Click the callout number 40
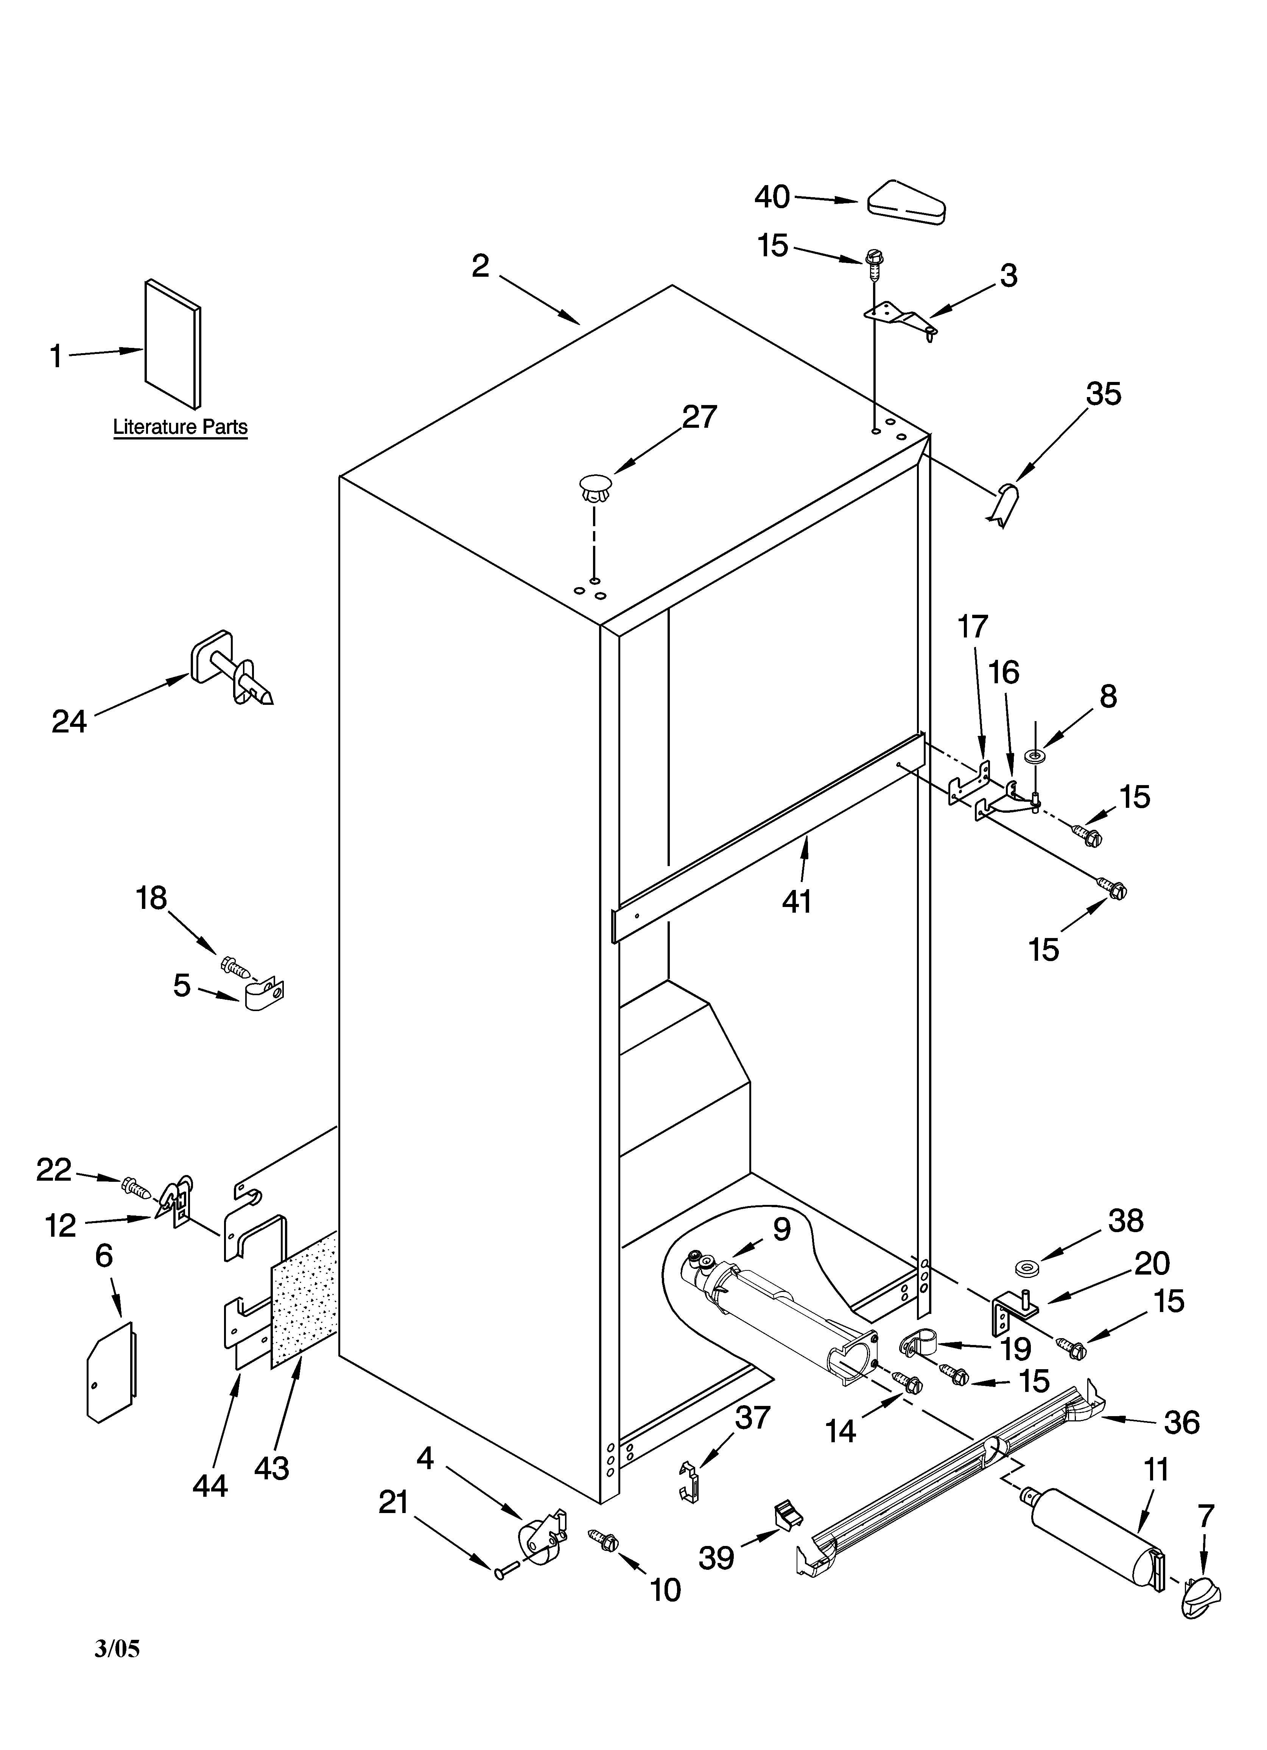point(772,198)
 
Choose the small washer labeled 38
point(1026,1268)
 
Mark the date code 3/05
point(117,1648)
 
